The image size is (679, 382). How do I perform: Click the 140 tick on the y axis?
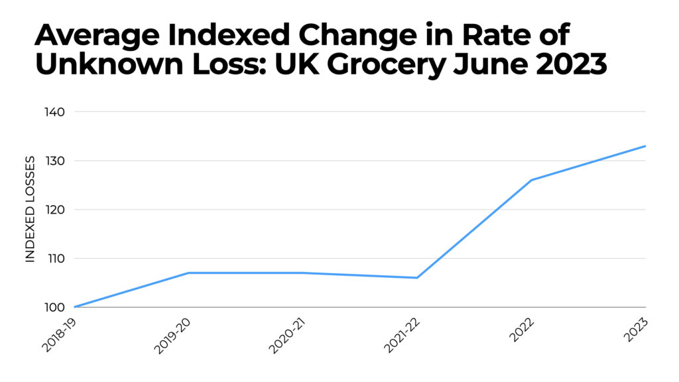point(56,111)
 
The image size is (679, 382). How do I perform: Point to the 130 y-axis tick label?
point(56,160)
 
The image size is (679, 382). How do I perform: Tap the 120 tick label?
point(56,210)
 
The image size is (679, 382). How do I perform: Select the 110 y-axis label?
point(56,258)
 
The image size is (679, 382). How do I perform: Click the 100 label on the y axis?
point(56,307)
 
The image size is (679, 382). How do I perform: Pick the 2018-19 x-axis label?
point(59,334)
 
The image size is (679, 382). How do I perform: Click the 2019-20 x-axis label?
point(173,334)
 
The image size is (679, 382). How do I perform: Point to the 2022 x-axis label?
point(521,330)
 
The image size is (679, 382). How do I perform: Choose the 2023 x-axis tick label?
point(635,330)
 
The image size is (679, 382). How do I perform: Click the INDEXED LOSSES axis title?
point(30,210)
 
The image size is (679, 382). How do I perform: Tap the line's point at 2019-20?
point(189,273)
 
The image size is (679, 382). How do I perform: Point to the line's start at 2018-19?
point(75,307)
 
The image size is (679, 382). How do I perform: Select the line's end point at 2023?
point(645,146)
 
